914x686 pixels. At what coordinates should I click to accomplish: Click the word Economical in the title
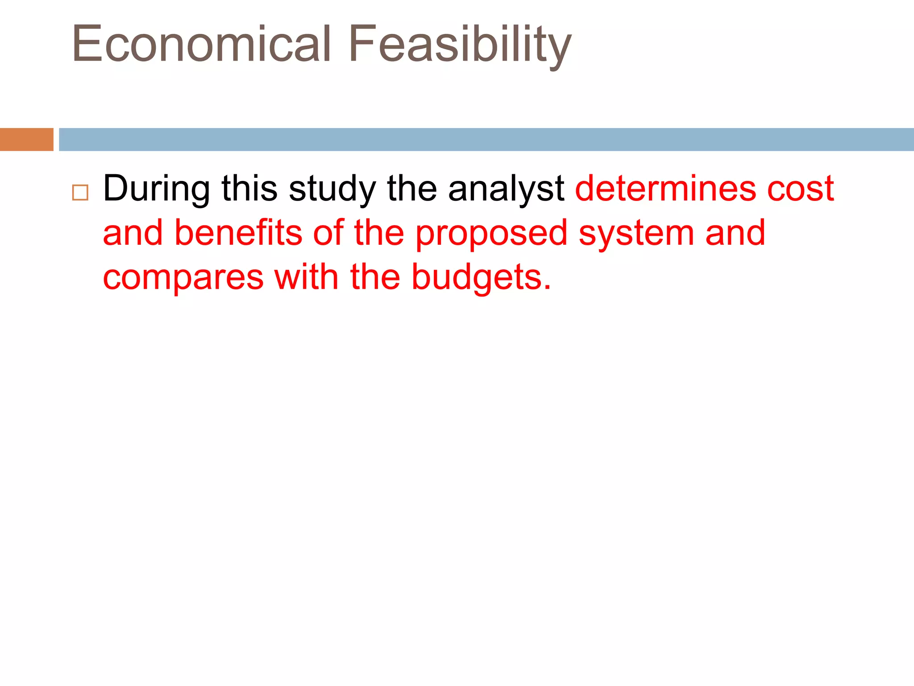coord(201,44)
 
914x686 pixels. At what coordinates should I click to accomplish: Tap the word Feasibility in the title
coord(459,44)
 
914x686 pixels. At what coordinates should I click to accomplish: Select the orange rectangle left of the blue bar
coord(26,139)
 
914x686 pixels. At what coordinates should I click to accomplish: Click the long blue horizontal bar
coord(486,139)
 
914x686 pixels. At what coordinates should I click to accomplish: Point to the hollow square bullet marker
coord(80,192)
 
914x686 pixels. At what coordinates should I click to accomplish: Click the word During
coord(157,188)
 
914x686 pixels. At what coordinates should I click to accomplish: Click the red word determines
coord(665,188)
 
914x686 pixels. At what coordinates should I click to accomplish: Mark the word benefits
coord(238,233)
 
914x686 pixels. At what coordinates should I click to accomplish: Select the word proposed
coord(491,234)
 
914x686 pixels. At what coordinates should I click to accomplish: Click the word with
coord(307,277)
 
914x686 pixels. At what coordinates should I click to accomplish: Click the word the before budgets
coord(375,277)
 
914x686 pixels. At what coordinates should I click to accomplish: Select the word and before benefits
coord(133,233)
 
